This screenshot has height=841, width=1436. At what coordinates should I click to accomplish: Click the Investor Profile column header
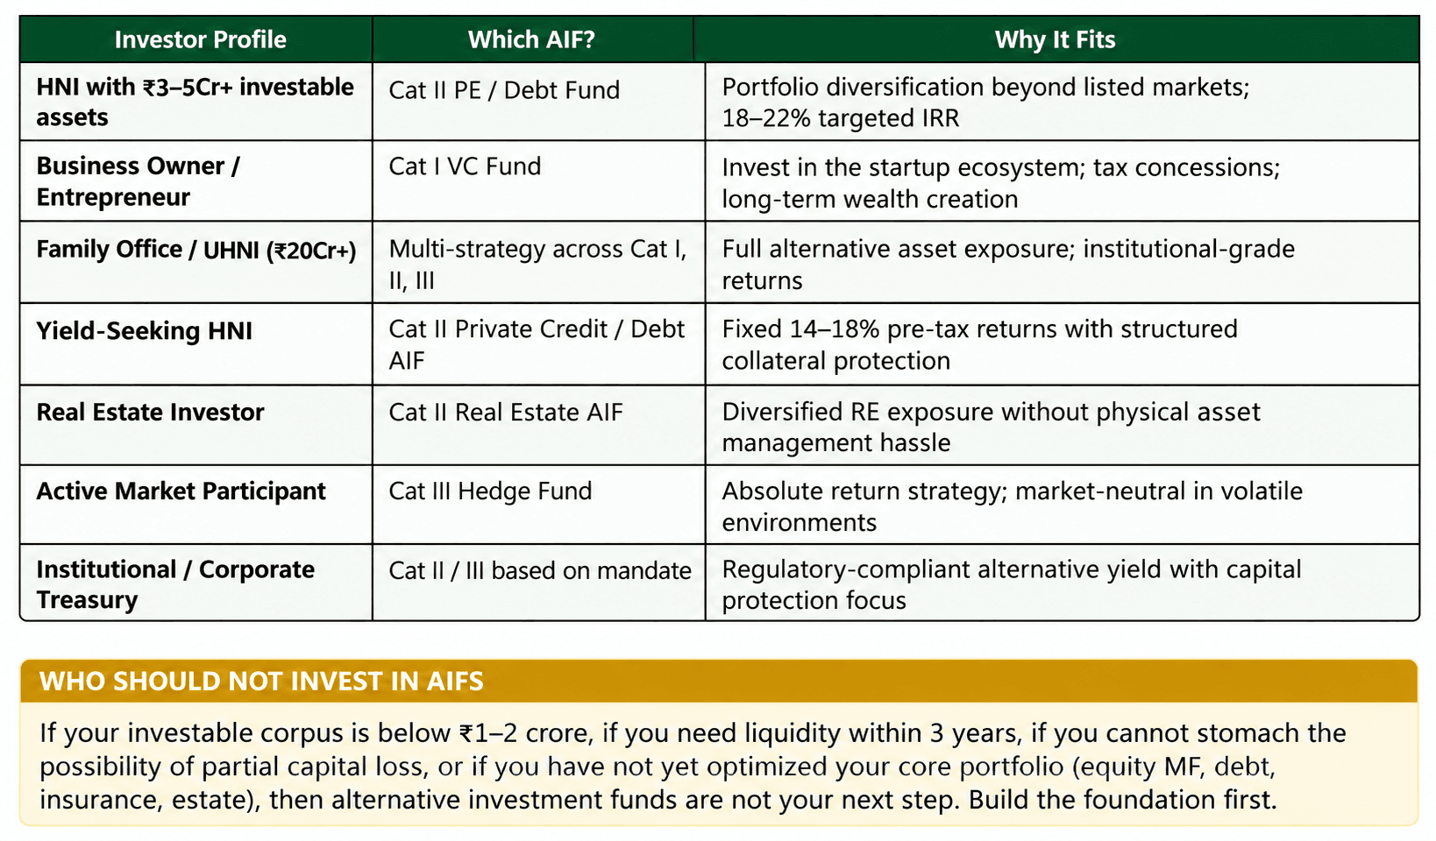pos(200,39)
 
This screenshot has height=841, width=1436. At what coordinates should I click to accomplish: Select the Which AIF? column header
pos(531,39)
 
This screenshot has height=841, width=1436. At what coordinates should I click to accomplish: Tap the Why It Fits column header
pos(1055,39)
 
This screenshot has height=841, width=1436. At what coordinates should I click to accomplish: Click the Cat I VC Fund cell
pos(465,166)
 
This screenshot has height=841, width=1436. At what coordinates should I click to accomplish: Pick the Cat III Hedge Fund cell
pos(490,491)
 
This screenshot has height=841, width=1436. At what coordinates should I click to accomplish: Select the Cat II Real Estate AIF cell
pos(506,413)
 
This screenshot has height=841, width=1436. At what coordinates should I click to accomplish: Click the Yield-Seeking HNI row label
pos(145,331)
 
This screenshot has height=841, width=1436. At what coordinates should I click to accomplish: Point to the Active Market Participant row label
pos(181,491)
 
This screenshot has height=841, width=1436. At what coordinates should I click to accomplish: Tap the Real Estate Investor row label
pos(150,413)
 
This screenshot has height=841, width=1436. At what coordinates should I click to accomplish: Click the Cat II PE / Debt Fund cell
pos(504,90)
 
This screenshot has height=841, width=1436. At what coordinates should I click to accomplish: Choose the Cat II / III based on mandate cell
pos(540,570)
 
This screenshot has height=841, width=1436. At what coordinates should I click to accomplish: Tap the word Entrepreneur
pos(113,197)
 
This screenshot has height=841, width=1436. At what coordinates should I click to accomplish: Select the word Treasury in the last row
pos(87,600)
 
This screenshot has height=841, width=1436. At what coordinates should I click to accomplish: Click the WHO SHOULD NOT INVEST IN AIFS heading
pos(261,682)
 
